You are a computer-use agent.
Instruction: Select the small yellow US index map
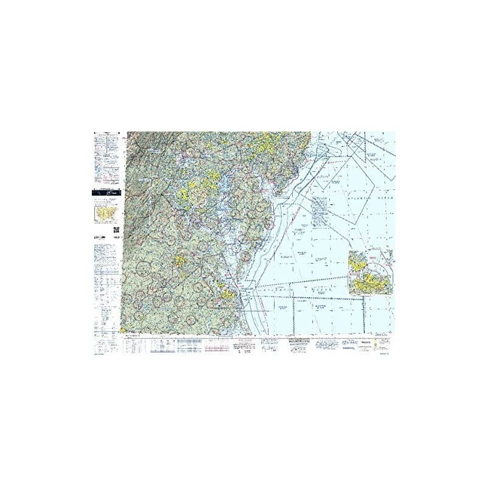pos(105,214)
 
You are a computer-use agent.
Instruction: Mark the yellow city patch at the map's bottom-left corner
pos(128,329)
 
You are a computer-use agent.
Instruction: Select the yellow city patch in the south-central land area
pos(181,261)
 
